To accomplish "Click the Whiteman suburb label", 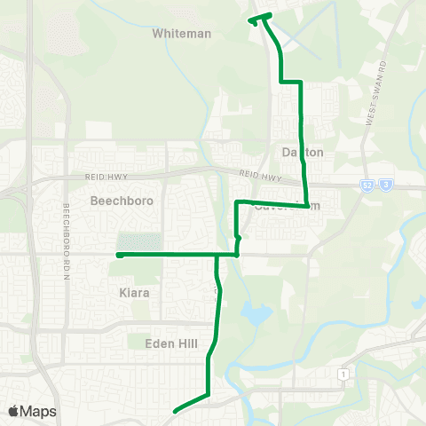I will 182,34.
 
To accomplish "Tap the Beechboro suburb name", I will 122,201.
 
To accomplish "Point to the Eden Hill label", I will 171,342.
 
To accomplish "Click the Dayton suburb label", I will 303,153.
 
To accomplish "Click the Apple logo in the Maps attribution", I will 12,411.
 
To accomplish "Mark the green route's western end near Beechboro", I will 118,255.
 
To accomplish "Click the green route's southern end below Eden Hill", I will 176,410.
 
